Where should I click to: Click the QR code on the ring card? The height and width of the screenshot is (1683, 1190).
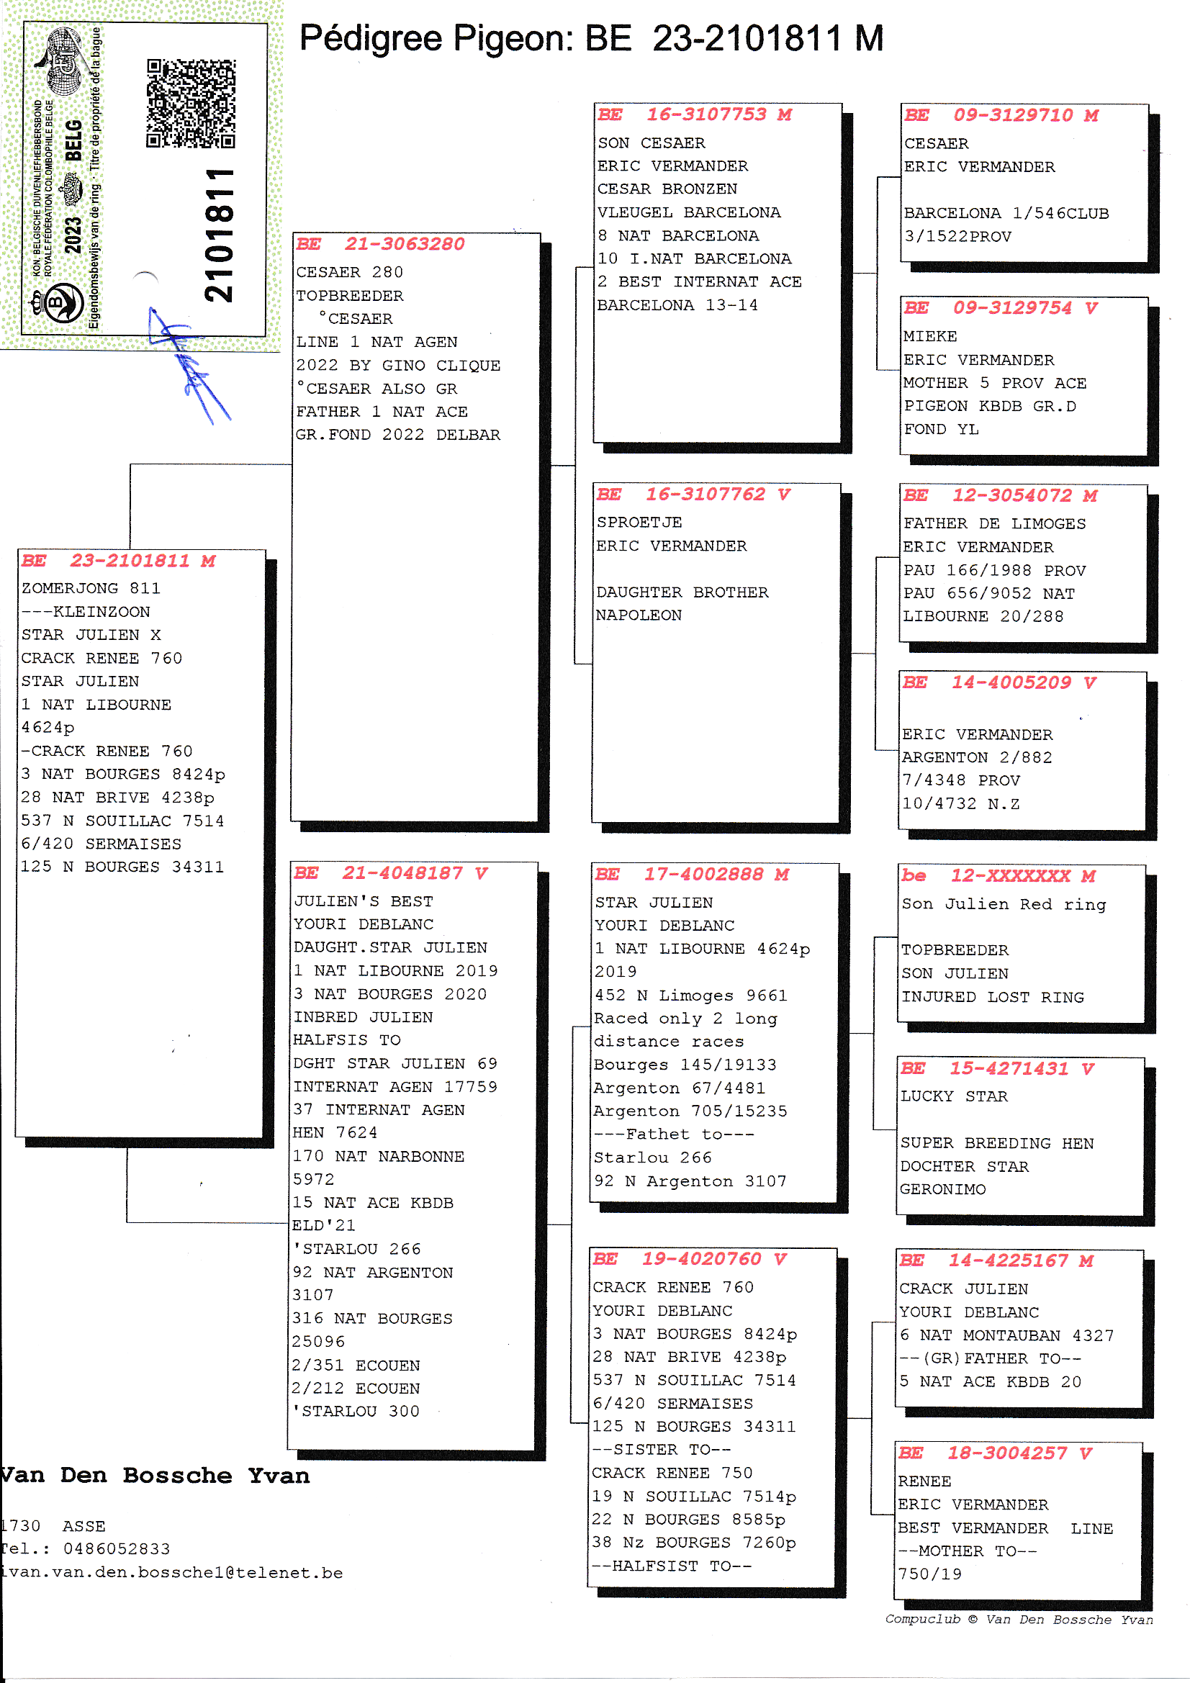tap(191, 104)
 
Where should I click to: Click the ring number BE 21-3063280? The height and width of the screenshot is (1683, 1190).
tap(381, 244)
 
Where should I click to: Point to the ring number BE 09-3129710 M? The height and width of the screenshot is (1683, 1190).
tap(1001, 116)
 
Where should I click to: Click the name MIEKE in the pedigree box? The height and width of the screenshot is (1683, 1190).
tap(929, 336)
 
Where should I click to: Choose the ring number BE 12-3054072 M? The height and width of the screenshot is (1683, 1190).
tap(1000, 496)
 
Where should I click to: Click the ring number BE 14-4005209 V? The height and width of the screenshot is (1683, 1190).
tap(999, 683)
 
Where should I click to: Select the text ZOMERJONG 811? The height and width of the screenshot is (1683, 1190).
tap(91, 589)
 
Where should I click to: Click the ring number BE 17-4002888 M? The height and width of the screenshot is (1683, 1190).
tap(691, 875)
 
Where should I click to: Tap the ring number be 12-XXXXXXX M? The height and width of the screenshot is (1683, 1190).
tap(998, 877)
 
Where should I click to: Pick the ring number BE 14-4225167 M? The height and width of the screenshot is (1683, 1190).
tap(996, 1261)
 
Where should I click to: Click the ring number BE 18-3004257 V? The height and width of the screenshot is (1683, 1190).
tap(995, 1453)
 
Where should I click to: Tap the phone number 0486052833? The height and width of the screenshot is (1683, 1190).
tap(117, 1549)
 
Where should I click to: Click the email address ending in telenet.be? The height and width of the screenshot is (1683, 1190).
tap(171, 1573)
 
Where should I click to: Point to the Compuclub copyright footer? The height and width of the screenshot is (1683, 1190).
tap(1019, 1619)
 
